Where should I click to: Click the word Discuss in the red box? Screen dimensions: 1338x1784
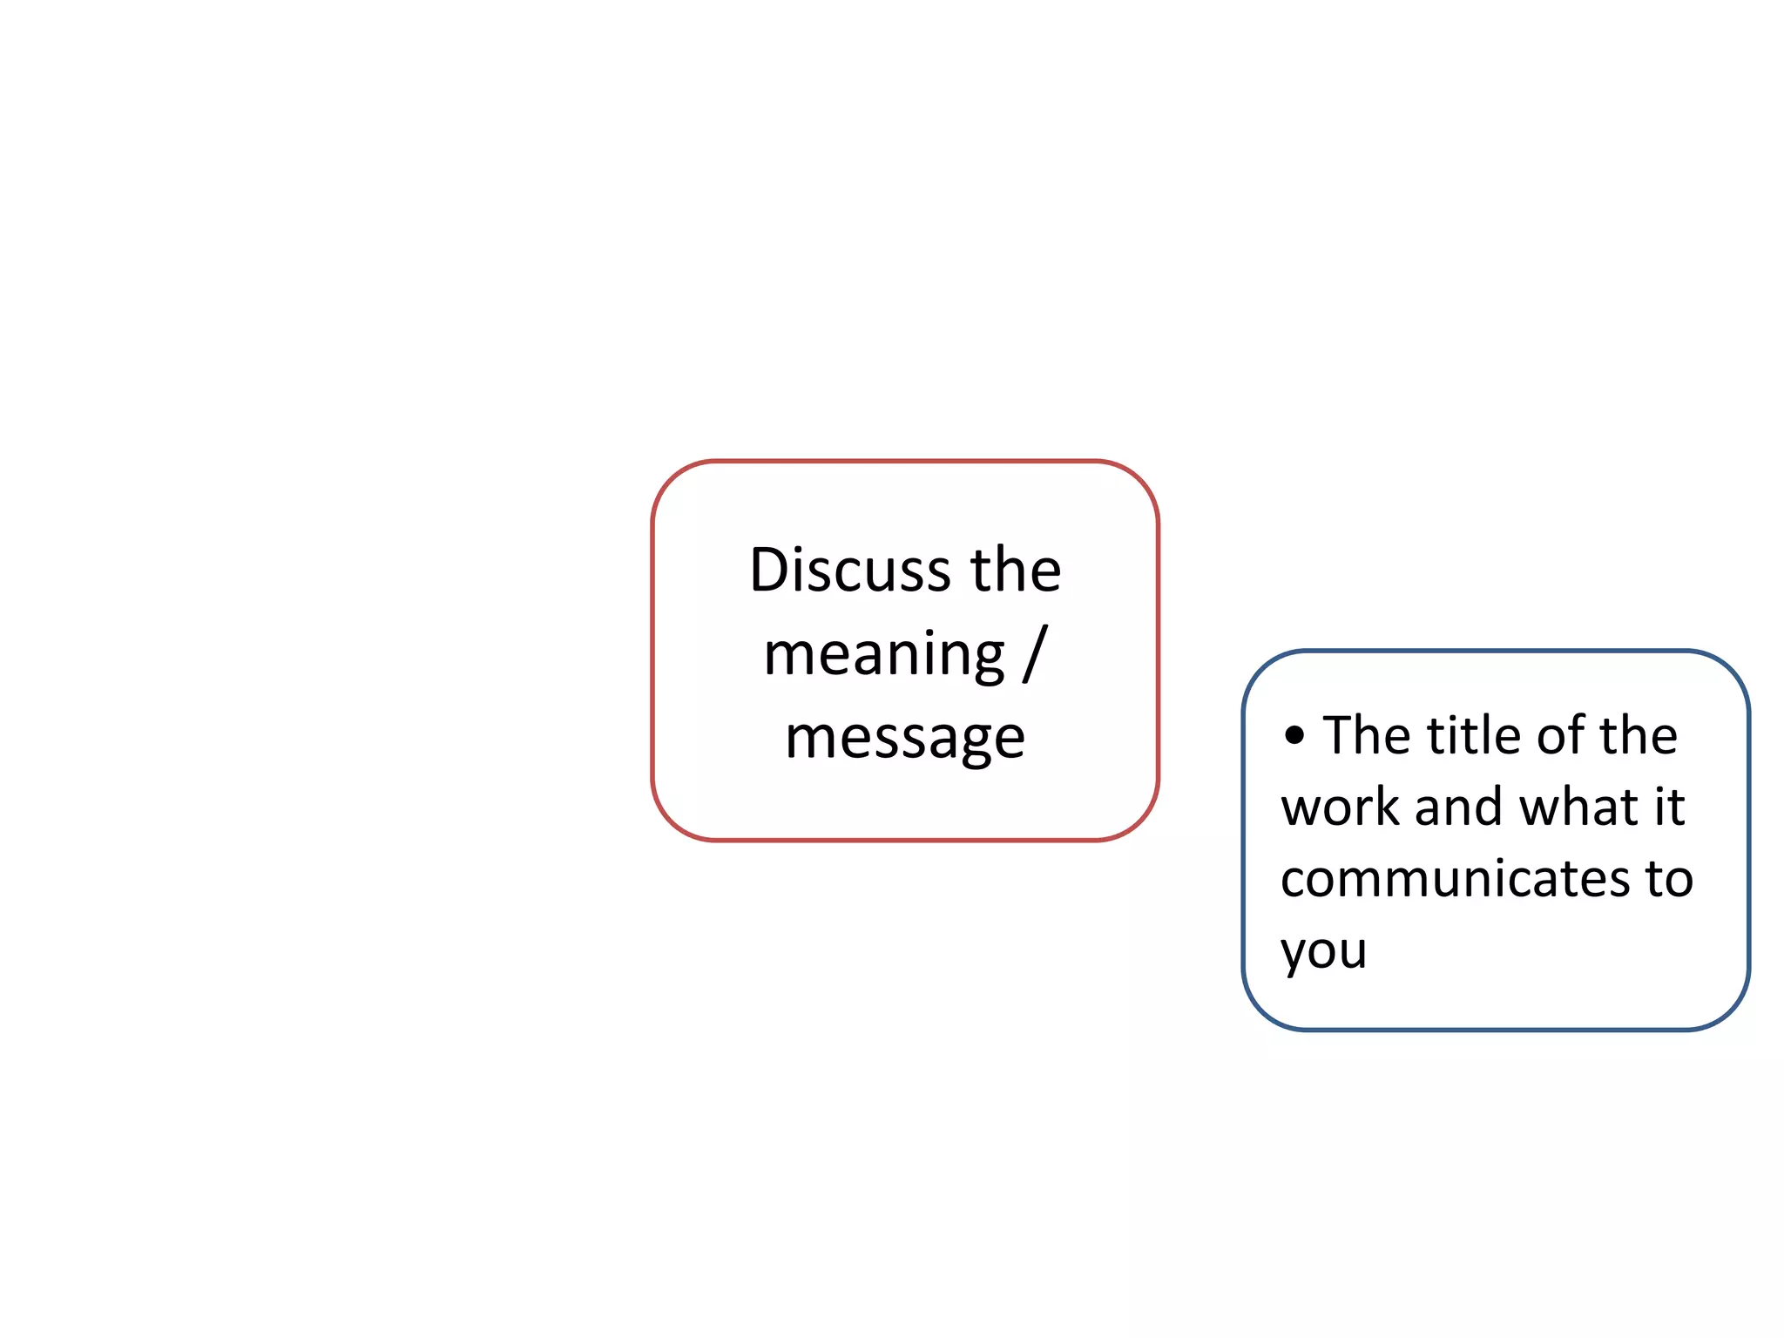850,571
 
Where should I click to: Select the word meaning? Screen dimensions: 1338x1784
883,655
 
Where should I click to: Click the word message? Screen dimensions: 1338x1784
905,739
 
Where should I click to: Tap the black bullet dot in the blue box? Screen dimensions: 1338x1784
1294,735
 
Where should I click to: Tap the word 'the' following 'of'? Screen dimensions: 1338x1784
1639,735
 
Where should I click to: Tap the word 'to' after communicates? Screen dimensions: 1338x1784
1669,879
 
